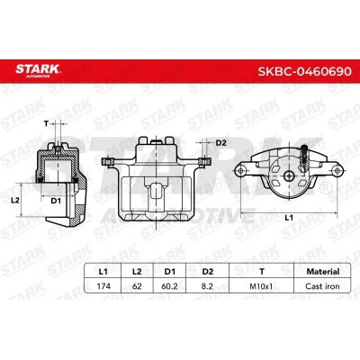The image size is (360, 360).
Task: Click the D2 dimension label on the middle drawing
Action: click(221, 142)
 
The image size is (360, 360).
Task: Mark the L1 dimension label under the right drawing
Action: click(288, 218)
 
